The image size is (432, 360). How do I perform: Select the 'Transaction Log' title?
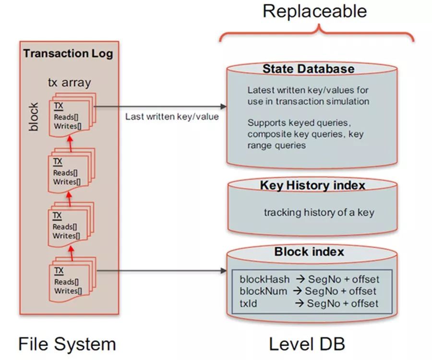(68, 53)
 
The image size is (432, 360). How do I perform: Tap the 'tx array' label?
(70, 82)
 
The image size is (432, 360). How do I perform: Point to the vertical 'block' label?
(34, 117)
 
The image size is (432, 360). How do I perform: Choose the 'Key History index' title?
(312, 185)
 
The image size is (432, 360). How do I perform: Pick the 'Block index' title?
(309, 252)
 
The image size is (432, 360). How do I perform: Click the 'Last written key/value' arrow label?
(172, 117)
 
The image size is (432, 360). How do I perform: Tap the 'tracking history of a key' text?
(319, 212)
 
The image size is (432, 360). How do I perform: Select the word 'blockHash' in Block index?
(264, 279)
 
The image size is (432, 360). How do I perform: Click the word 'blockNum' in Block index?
(264, 291)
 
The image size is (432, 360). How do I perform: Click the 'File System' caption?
(67, 344)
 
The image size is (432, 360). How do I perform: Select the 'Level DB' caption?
(307, 344)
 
